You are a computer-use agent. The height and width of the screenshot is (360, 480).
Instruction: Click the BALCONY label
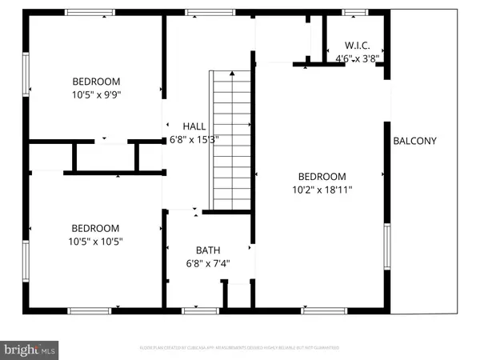tap(415, 142)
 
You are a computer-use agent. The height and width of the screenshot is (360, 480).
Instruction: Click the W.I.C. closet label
tap(356, 46)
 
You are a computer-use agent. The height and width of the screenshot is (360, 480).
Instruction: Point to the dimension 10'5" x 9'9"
tap(96, 94)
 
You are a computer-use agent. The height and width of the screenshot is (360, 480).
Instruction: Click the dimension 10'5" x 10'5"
tap(96, 240)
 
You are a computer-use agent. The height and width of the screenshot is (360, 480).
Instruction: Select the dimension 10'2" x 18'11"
tap(322, 190)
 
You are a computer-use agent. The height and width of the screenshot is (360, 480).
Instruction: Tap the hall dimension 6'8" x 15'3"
tap(194, 138)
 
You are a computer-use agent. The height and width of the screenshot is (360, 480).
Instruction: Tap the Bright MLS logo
tap(30, 350)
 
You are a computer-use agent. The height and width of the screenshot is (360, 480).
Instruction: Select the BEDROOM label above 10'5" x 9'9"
tap(96, 81)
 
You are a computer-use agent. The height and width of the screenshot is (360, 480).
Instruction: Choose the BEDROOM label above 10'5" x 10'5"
tap(96, 227)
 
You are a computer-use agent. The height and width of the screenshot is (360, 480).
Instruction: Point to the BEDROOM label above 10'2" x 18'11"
tap(322, 177)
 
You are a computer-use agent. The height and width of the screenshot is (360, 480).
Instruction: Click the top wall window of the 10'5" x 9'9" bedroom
tap(90, 12)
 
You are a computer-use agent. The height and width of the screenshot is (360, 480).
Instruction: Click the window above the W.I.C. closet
tap(355, 12)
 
